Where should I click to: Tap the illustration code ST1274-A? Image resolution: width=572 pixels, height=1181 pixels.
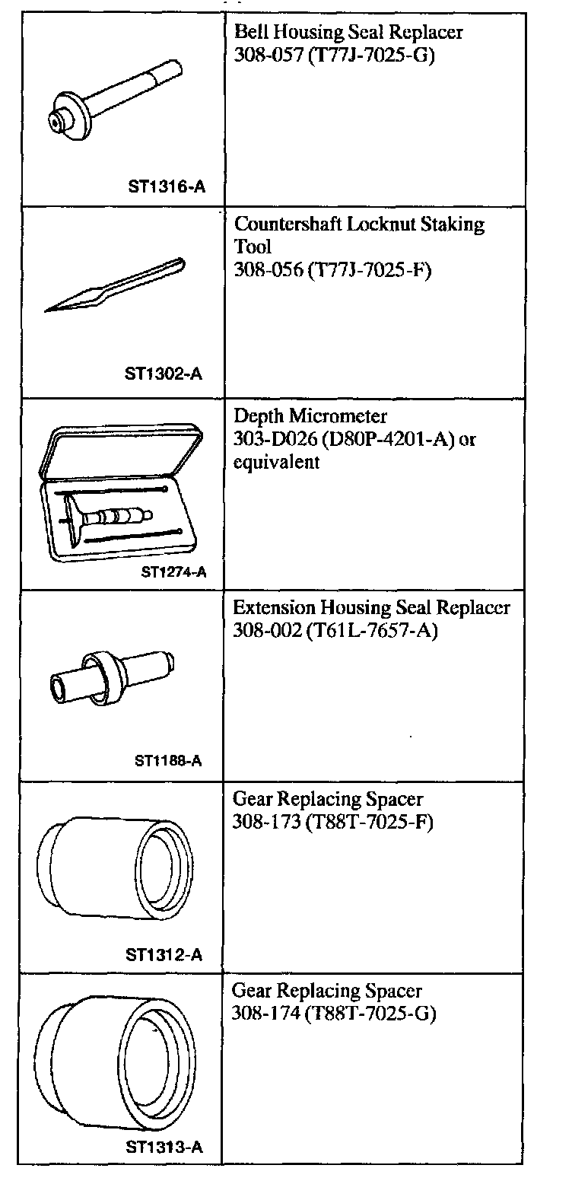[174, 573]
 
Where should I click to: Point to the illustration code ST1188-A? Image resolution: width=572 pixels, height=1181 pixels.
[168, 760]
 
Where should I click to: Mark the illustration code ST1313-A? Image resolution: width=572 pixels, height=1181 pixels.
[164, 1148]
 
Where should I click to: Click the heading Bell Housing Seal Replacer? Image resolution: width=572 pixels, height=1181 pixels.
[348, 33]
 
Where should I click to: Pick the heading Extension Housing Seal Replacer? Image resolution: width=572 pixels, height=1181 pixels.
[371, 608]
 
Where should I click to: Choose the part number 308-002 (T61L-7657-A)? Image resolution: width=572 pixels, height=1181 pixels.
[335, 631]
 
